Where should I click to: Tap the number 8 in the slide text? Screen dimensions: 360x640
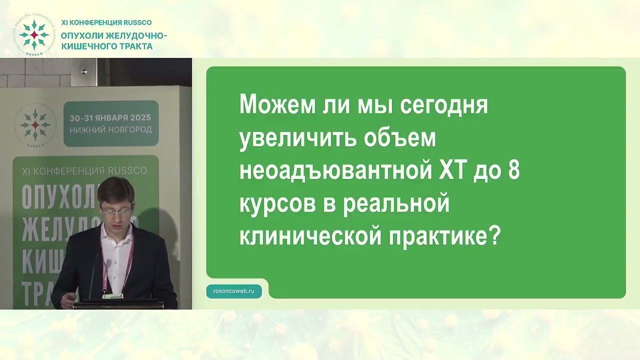(x=513, y=171)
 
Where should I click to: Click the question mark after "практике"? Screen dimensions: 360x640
(x=495, y=236)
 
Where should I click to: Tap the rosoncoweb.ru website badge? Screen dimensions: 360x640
(x=234, y=290)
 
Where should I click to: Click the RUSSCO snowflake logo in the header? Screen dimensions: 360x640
(x=34, y=34)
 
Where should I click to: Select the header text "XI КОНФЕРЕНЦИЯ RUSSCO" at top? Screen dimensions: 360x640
(x=106, y=22)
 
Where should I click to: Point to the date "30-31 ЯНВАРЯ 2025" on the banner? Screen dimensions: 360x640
(x=110, y=118)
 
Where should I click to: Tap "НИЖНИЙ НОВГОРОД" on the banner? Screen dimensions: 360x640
(x=110, y=129)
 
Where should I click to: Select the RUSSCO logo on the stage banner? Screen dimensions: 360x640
(x=35, y=124)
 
